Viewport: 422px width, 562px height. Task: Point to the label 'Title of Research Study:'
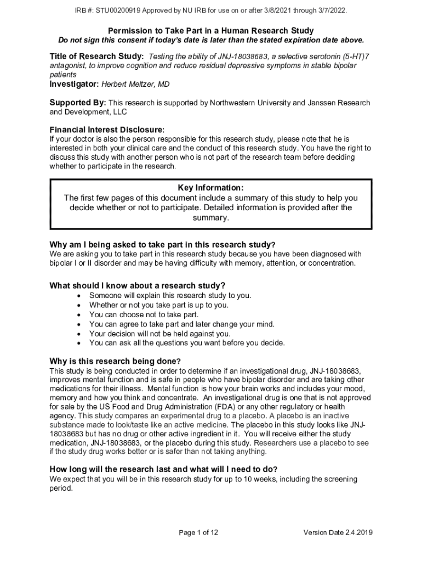point(97,56)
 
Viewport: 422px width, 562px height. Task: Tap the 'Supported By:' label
point(78,103)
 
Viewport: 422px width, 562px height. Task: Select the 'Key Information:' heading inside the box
point(211,188)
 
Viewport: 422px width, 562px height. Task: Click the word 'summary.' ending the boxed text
point(211,218)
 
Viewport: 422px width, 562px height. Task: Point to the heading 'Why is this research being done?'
point(115,361)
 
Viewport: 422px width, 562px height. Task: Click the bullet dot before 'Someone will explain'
point(80,296)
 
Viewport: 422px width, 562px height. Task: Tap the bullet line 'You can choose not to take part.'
point(144,314)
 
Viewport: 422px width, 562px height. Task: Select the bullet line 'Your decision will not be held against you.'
point(160,334)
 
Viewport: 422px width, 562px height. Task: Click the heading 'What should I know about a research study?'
point(138,285)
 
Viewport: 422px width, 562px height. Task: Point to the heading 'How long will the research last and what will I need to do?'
point(163,469)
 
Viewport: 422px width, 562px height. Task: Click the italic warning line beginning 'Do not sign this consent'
point(211,40)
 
